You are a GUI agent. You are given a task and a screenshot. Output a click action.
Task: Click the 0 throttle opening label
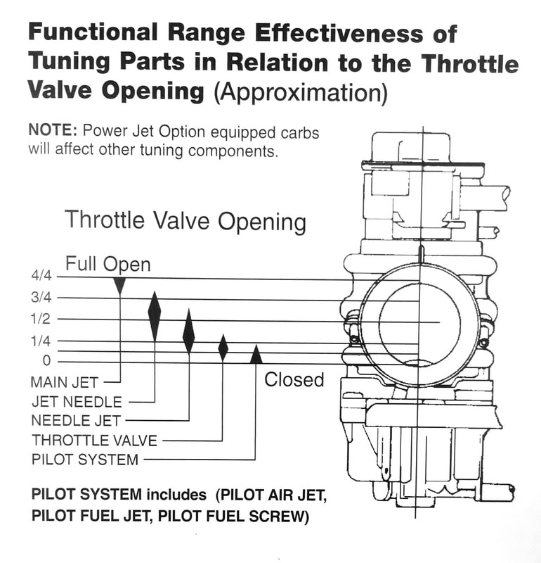46,362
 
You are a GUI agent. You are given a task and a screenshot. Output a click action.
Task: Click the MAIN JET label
65,382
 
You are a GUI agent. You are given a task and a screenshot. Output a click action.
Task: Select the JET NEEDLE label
77,402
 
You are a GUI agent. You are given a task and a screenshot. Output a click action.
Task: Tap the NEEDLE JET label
77,421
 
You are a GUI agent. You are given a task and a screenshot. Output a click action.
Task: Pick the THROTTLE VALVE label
94,441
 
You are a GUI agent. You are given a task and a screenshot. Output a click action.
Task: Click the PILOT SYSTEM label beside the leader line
85,460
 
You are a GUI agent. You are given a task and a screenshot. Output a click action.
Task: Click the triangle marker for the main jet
119,285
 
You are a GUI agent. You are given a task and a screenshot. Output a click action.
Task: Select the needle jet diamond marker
188,331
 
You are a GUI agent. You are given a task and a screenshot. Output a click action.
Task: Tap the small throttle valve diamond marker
223,347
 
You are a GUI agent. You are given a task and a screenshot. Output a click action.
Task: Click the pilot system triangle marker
256,355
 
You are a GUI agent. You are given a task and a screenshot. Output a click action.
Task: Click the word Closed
294,380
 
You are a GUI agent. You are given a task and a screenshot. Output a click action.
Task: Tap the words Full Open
107,265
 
